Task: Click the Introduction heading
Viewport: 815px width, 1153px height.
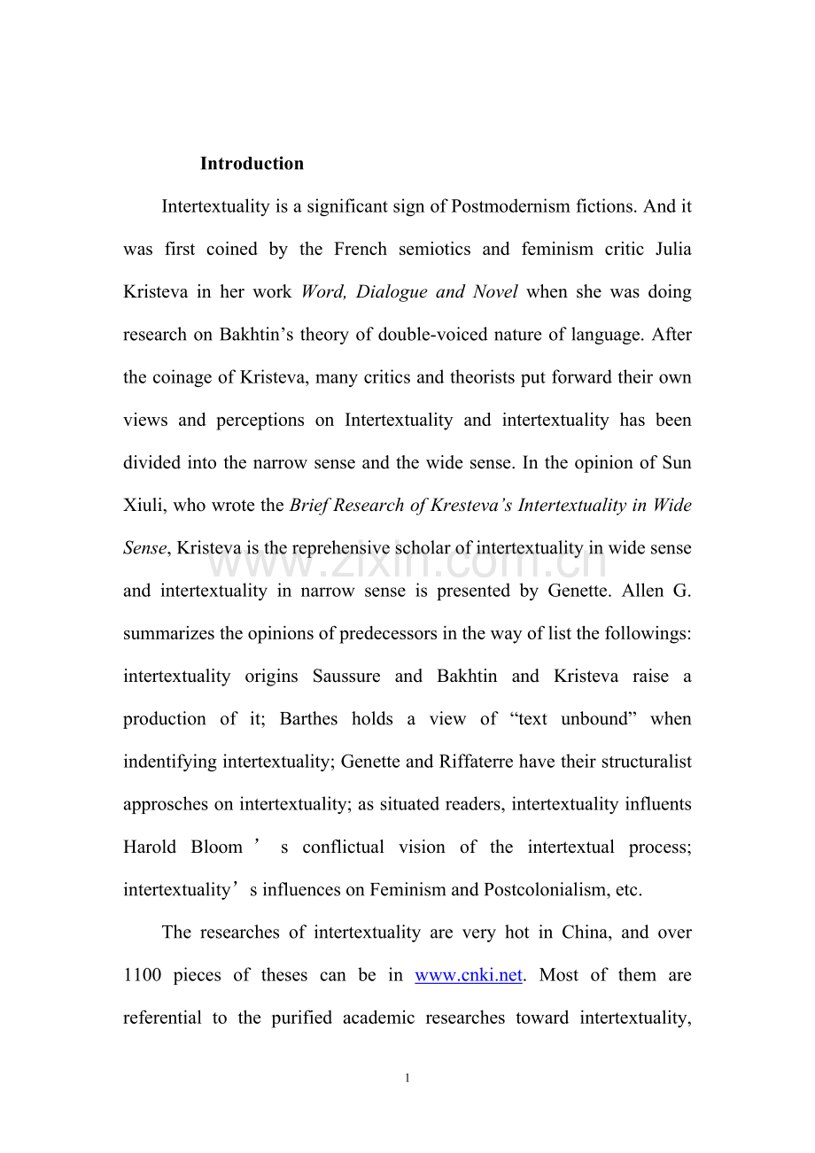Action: point(252,164)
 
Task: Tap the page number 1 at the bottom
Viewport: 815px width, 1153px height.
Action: point(407,1078)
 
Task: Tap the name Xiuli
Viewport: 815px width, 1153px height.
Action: point(144,506)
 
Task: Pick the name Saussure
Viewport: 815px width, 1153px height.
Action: point(346,677)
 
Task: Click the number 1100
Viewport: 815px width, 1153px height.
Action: point(142,976)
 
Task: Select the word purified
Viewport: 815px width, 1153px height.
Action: point(301,1018)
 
